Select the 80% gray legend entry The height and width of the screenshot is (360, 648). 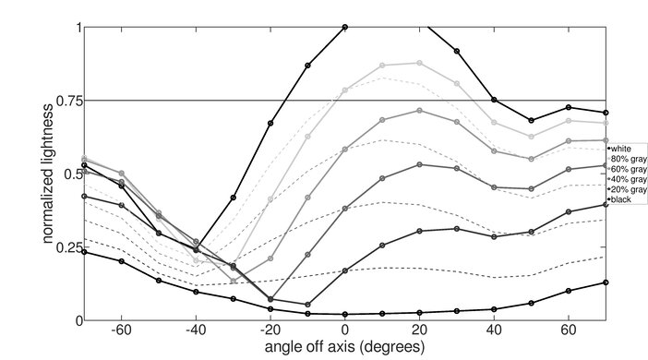pos(625,159)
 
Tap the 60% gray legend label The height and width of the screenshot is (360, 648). pos(625,169)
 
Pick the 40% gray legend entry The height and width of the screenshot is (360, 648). pos(625,179)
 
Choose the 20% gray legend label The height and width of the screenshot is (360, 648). pos(625,189)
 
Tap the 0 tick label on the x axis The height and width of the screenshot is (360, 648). pos(345,329)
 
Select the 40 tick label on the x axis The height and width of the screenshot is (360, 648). pos(494,329)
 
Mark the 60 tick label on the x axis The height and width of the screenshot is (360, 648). pos(569,329)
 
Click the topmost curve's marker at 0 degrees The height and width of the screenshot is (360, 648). pos(345,27)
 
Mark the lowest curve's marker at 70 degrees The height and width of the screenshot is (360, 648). pos(606,282)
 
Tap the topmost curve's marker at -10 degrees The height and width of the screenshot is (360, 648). pos(307,66)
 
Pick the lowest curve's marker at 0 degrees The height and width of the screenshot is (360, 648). pos(345,314)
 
